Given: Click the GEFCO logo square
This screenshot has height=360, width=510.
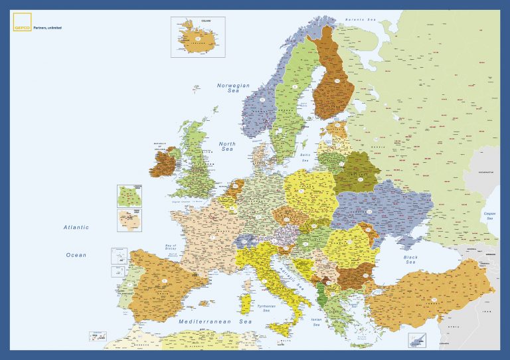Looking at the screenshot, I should pyautogui.click(x=22, y=22).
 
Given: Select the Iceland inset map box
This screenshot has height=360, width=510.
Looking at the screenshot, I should pyautogui.click(x=198, y=37).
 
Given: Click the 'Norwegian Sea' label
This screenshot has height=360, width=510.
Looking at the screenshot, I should pyautogui.click(x=233, y=88).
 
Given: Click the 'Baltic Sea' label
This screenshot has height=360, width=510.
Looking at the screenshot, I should pyautogui.click(x=305, y=159).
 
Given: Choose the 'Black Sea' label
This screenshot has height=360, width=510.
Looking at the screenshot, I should pyautogui.click(x=410, y=260).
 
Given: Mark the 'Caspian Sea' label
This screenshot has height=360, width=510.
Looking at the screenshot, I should pyautogui.click(x=490, y=215).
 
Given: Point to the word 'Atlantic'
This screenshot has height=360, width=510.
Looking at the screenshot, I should pyautogui.click(x=76, y=227).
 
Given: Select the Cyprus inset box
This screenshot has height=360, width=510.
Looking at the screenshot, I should pyautogui.click(x=417, y=341).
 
